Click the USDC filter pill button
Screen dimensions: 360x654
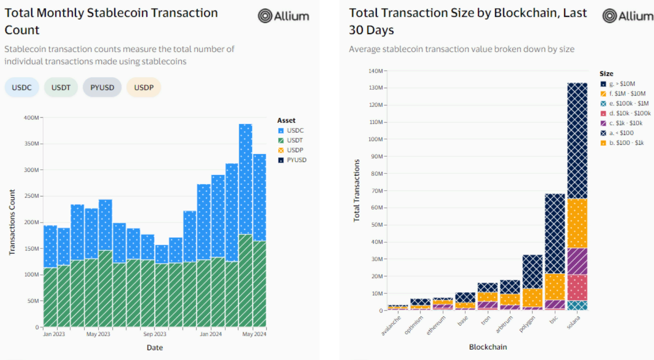pos(22,87)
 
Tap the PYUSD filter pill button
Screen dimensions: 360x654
pos(102,87)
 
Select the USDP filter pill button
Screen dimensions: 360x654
pos(144,87)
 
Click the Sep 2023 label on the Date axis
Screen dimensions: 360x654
pos(155,334)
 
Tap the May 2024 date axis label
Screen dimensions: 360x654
pos(254,334)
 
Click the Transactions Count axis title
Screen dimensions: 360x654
pos(12,222)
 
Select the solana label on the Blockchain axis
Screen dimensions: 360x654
pos(574,323)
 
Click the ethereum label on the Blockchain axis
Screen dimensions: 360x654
pos(436,326)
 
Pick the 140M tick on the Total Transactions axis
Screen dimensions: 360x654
pos(375,71)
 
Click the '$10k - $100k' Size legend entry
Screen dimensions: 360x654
pos(630,113)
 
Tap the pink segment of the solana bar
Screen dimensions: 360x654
pos(577,287)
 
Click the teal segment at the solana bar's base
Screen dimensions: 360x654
pos(577,305)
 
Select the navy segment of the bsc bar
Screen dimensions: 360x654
pos(555,233)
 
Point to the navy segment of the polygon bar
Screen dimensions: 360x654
pos(533,271)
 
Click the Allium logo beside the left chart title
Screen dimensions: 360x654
pos(284,16)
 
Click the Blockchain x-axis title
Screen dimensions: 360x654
pos(488,347)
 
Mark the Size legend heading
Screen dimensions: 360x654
pos(606,74)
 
